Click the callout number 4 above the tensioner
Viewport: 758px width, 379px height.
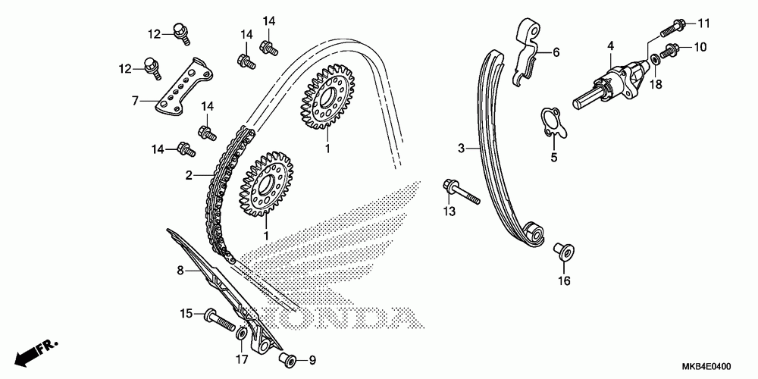[609, 47]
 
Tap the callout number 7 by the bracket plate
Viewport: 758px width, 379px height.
[135, 99]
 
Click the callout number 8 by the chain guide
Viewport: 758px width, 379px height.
[180, 270]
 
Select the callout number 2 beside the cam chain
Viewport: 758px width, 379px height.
[189, 175]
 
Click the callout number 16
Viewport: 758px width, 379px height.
[563, 281]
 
